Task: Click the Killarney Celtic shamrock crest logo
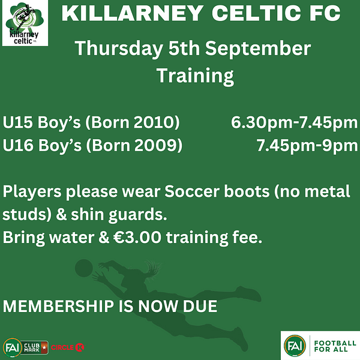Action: click(25, 23)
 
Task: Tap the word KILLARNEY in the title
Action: click(132, 13)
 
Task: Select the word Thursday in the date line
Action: click(119, 49)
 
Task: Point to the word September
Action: click(258, 49)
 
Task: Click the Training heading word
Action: click(196, 76)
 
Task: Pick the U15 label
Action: click(17, 122)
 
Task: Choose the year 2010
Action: click(154, 122)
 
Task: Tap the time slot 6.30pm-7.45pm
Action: click(295, 122)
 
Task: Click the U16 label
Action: click(18, 145)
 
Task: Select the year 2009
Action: click(155, 145)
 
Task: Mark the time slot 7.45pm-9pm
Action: click(307, 146)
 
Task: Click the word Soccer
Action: click(192, 191)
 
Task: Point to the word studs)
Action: click(27, 214)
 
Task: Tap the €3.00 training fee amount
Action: click(137, 238)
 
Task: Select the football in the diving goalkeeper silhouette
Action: click(84, 268)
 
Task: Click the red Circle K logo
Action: click(67, 347)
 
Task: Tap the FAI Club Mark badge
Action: click(26, 347)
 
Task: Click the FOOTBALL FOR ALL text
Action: click(335, 346)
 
